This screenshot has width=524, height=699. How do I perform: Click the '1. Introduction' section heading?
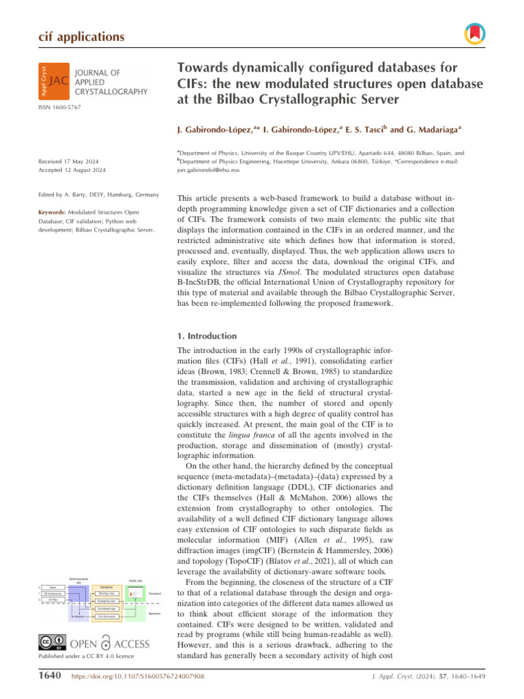pos(206,336)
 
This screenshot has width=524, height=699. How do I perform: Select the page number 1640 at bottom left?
pos(49,675)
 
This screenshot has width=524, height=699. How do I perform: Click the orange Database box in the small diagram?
pos(106,586)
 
